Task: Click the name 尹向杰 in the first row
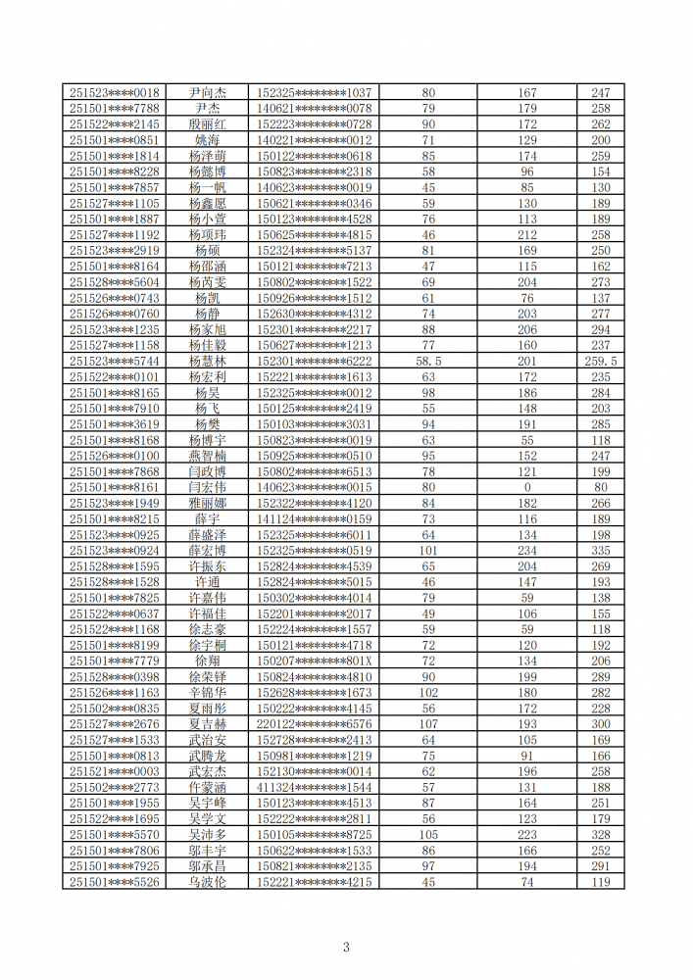(x=207, y=93)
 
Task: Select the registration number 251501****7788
(x=115, y=109)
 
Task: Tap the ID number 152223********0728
(x=314, y=124)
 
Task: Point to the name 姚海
(x=207, y=140)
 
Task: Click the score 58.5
(x=428, y=362)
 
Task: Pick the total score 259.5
(x=600, y=362)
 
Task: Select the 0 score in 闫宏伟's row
(x=527, y=488)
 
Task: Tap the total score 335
(x=600, y=551)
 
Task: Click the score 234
(x=527, y=551)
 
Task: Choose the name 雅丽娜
(x=207, y=504)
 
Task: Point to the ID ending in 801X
(x=314, y=661)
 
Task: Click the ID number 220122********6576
(x=314, y=724)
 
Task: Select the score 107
(x=428, y=724)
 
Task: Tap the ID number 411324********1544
(x=314, y=787)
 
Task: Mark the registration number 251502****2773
(x=115, y=787)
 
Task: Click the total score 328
(x=600, y=835)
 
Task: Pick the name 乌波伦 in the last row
(x=207, y=882)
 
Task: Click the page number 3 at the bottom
(x=346, y=947)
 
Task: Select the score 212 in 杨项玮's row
(x=527, y=235)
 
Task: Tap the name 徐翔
(x=207, y=661)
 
